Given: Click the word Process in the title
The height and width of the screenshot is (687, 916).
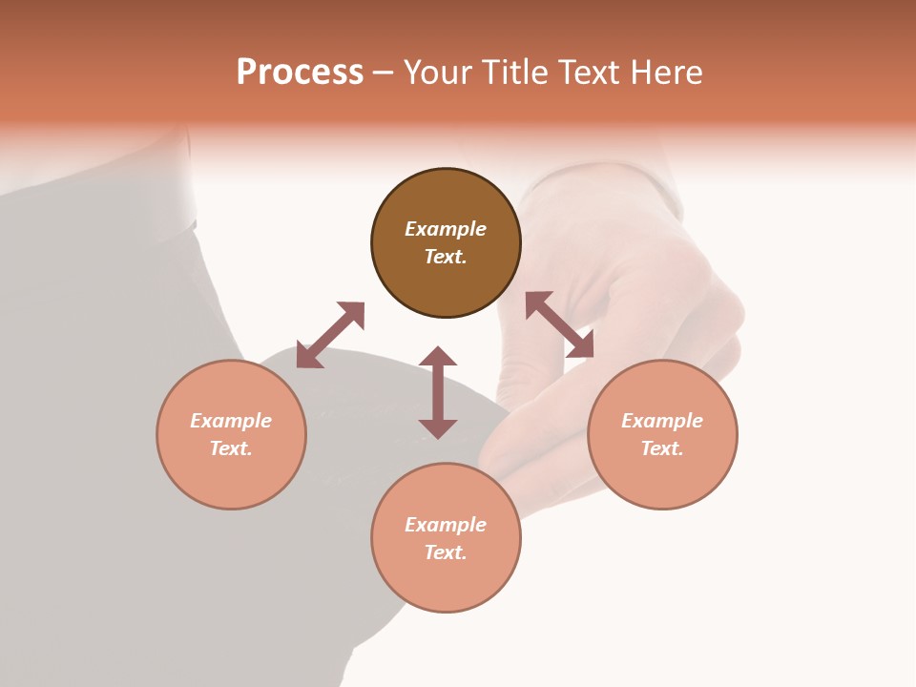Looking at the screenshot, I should [300, 73].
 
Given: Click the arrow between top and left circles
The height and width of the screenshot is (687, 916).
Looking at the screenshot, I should [330, 335].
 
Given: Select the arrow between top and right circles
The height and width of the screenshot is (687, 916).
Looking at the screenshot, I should [559, 324].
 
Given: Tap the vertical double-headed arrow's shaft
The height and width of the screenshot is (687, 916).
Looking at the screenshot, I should [438, 392].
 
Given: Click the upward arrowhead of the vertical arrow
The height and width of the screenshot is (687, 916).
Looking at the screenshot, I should [438, 356].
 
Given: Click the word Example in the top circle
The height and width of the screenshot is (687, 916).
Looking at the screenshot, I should [446, 229].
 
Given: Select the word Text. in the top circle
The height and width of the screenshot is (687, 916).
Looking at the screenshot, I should [446, 257].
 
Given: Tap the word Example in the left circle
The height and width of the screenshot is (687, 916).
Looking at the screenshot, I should [231, 421].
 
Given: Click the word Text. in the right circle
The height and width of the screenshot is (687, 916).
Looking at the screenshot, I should [662, 448].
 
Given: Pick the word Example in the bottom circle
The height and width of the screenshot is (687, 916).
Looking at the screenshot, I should [446, 525].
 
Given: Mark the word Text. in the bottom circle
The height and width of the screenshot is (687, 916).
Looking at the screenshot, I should [446, 552].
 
